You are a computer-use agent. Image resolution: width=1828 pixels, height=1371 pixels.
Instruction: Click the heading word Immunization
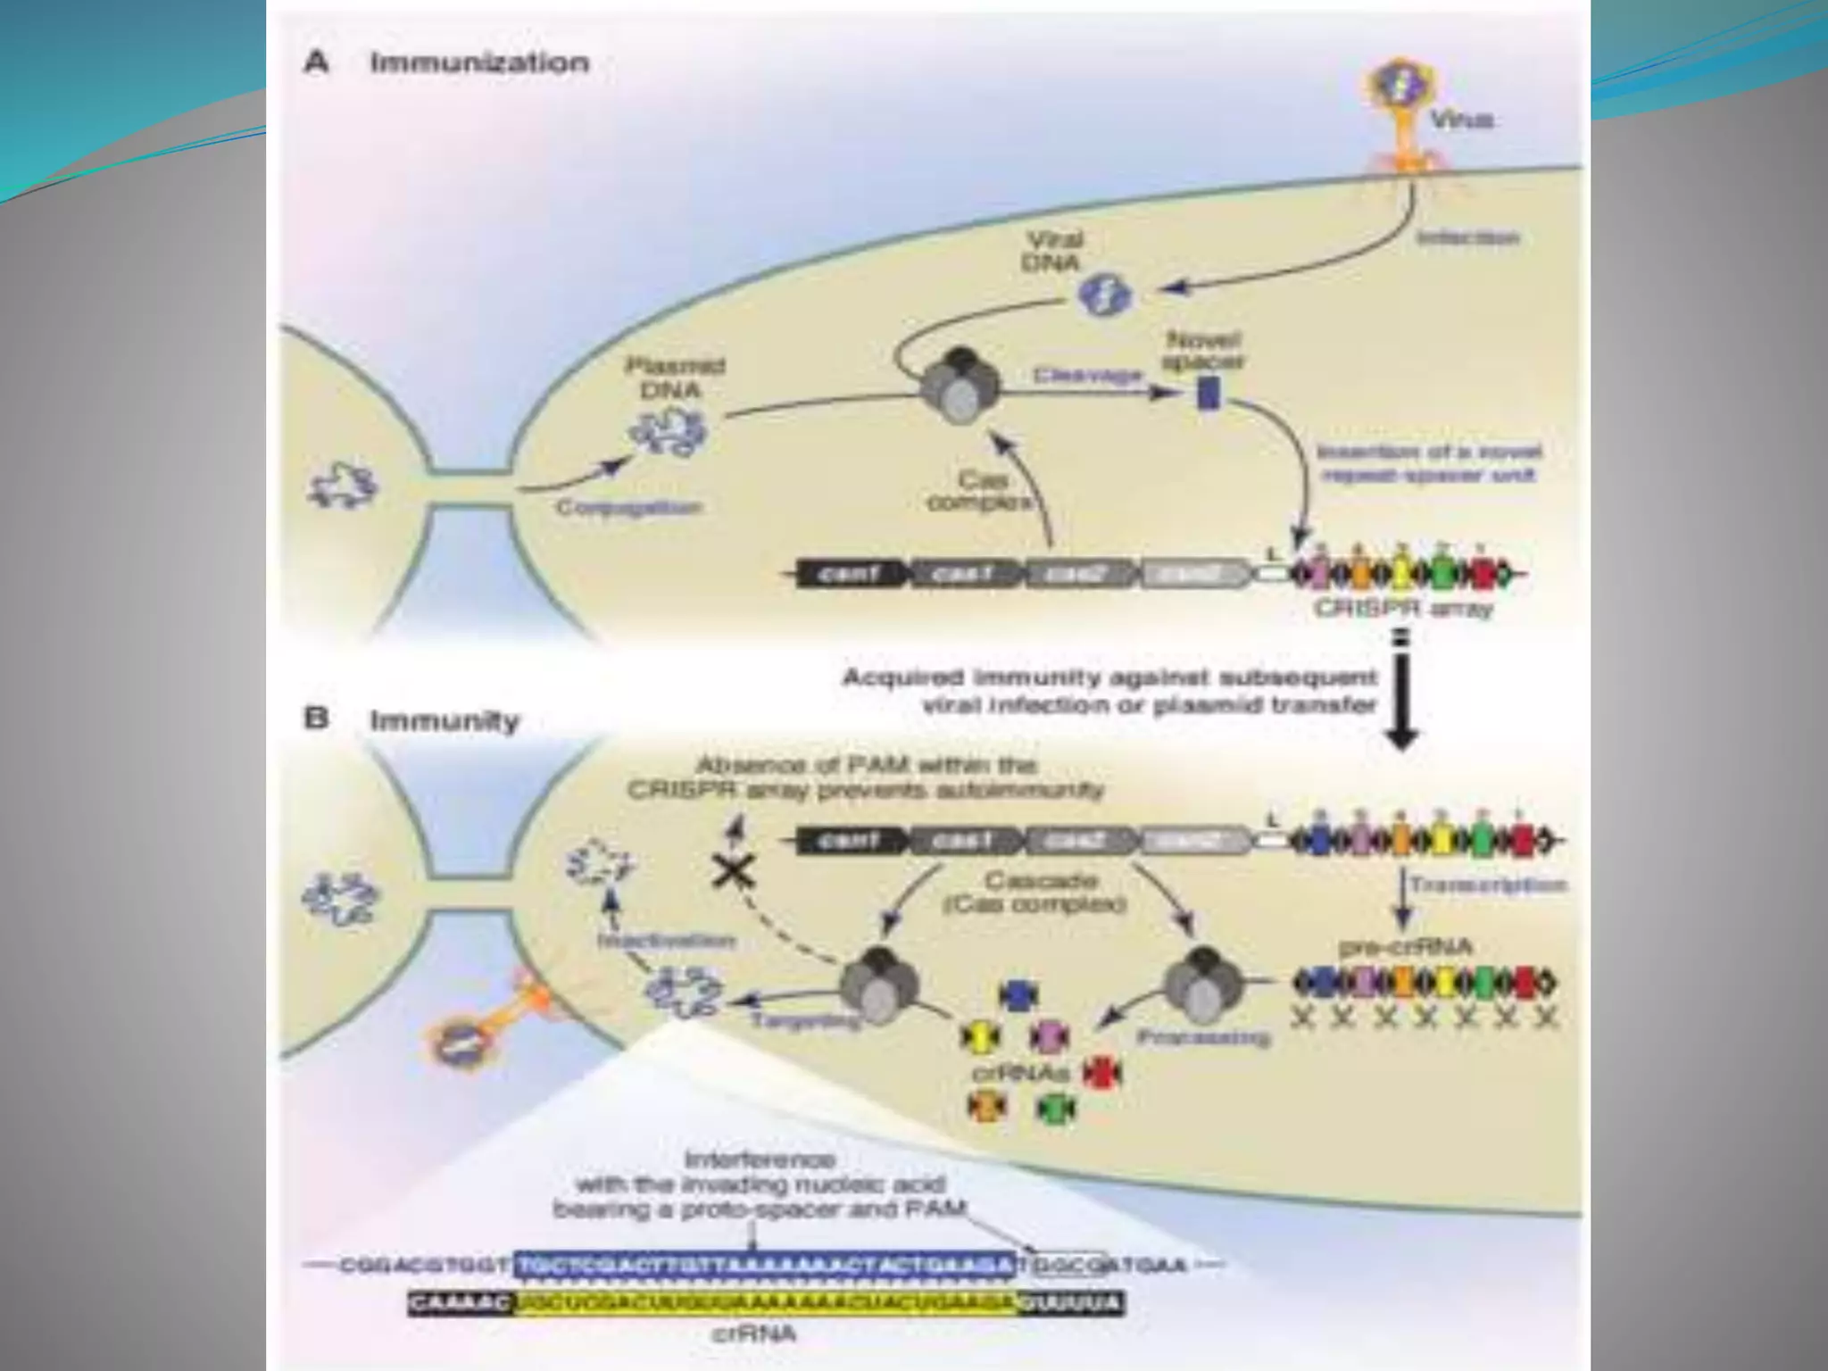tap(479, 63)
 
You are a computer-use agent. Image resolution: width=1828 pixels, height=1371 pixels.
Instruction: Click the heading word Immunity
tap(445, 720)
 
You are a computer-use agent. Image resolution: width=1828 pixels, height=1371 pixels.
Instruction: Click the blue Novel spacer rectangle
tap(1208, 393)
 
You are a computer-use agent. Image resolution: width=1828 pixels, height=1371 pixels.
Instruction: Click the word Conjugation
tap(629, 507)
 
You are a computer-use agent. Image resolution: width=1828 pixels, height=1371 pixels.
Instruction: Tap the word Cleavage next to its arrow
tap(1088, 376)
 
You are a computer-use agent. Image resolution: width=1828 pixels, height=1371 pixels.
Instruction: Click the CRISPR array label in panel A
tap(1402, 610)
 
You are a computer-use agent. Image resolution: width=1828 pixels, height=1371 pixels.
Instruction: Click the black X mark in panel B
tap(733, 870)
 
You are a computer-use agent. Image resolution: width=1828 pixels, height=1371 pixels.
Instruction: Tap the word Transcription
tap(1488, 885)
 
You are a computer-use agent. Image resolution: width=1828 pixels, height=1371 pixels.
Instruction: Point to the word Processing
tap(1202, 1038)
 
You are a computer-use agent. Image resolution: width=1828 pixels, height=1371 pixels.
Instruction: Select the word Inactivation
tap(666, 941)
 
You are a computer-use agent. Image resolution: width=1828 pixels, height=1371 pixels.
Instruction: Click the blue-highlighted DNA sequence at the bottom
tap(765, 1266)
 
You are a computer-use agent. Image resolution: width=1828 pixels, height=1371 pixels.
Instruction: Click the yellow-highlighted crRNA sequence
tap(768, 1305)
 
